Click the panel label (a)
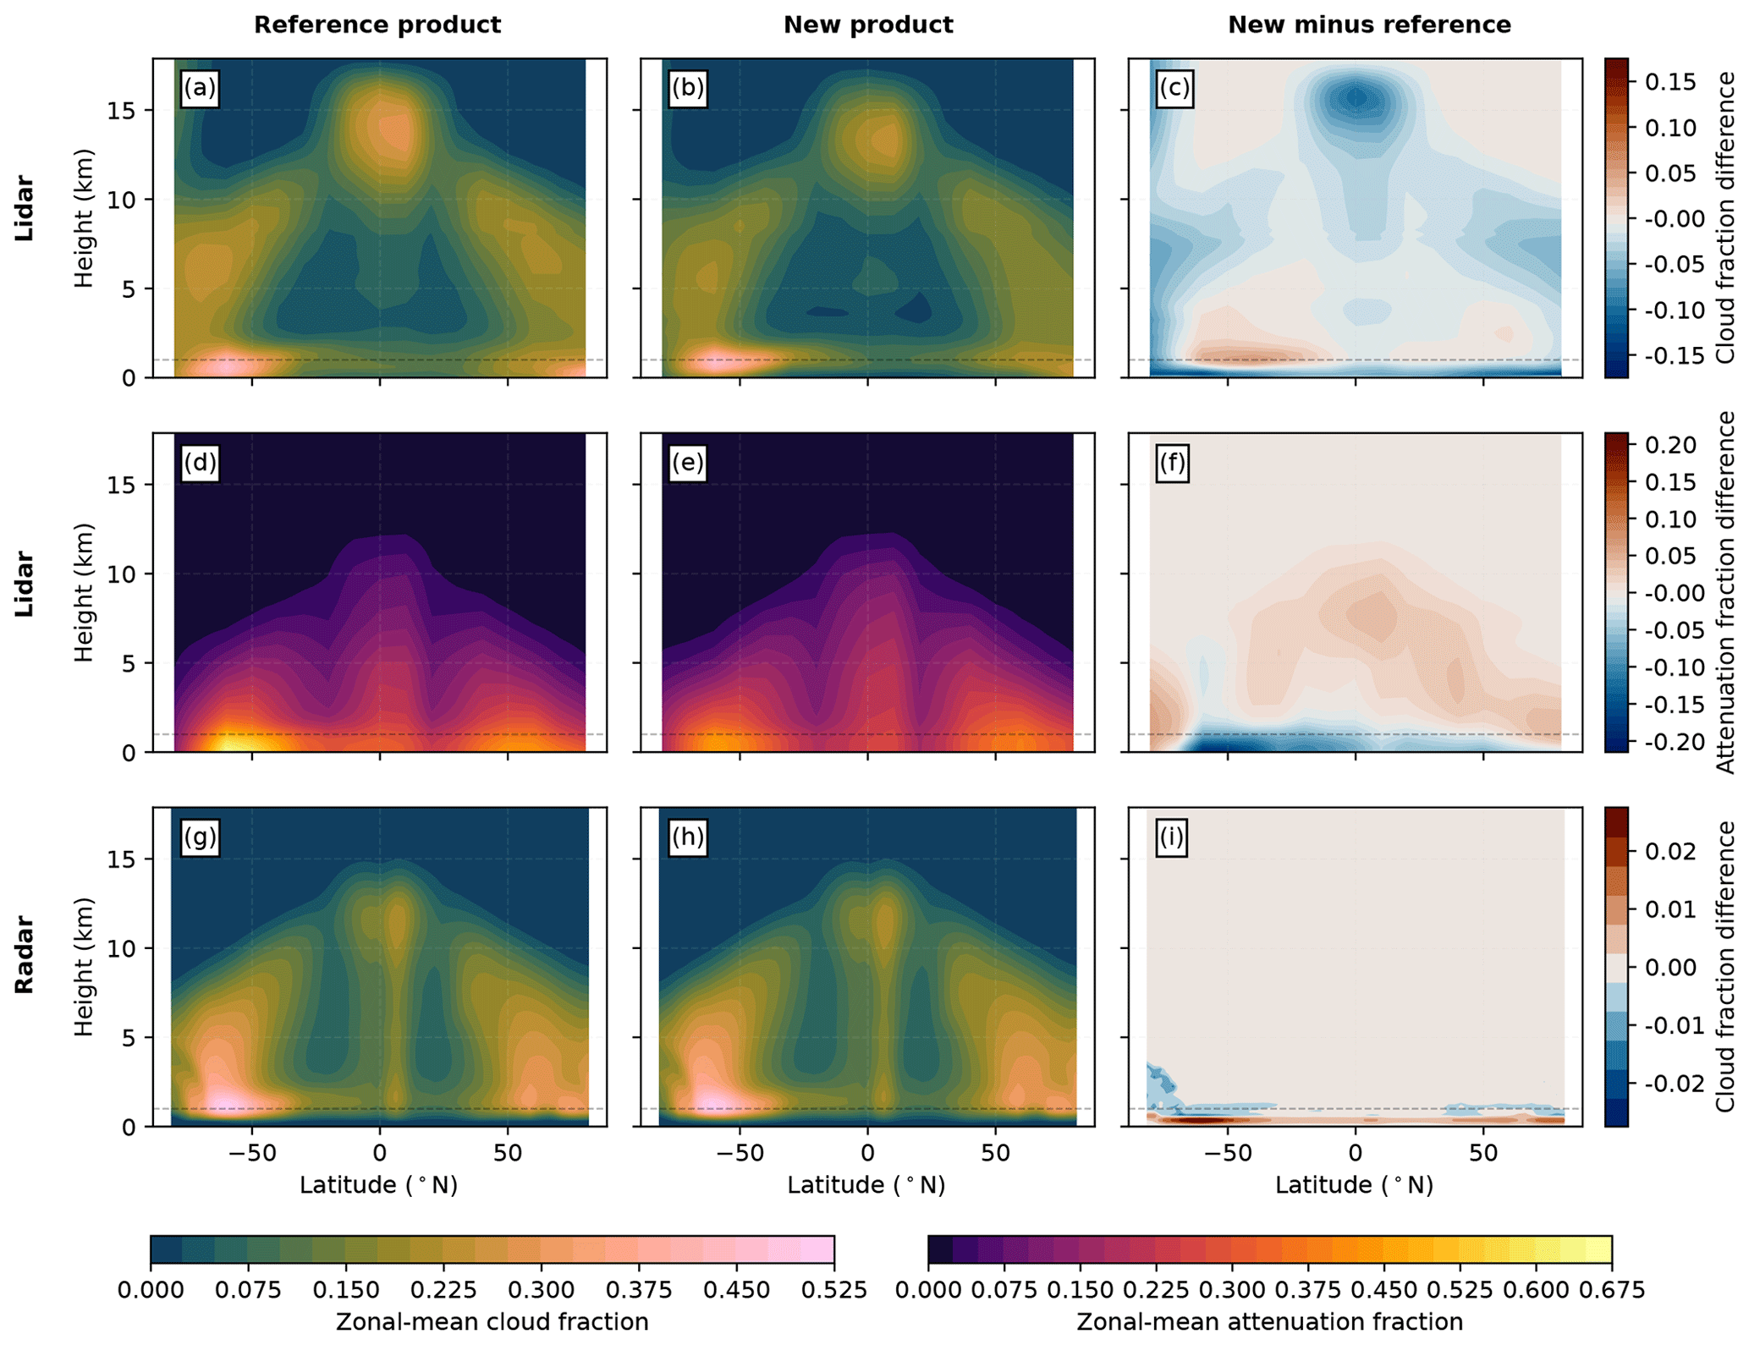point(200,88)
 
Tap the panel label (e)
point(687,463)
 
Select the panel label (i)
point(1172,837)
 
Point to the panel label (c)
point(1174,88)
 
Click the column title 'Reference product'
point(377,25)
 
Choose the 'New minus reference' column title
point(1368,25)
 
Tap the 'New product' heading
point(867,25)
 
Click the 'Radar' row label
point(25,954)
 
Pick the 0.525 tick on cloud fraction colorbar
point(834,1290)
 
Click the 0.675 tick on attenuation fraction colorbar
point(1611,1290)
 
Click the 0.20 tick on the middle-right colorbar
point(1670,445)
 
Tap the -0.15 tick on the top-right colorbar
point(1670,355)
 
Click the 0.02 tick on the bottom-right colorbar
point(1670,852)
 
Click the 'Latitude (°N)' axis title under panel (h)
point(866,1185)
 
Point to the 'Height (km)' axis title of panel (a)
point(84,218)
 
